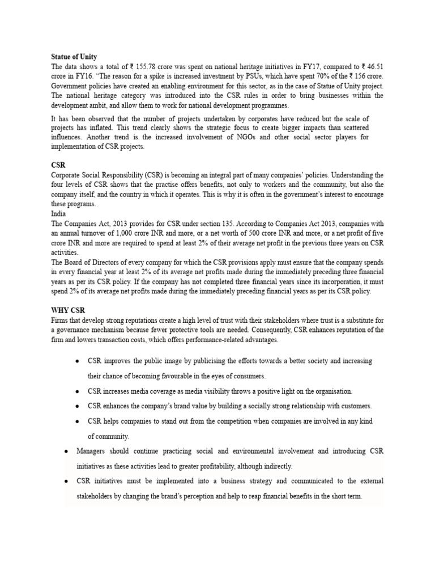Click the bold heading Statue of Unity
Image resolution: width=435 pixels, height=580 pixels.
74,57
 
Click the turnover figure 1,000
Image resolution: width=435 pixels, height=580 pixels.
145,233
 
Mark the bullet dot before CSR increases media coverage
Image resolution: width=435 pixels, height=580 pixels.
77,391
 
